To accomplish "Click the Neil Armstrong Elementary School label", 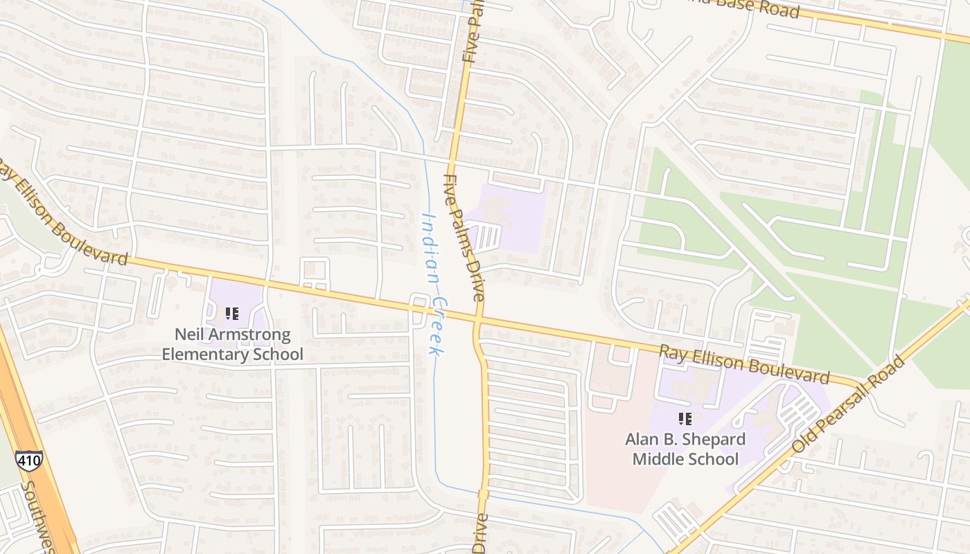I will pyautogui.click(x=232, y=344).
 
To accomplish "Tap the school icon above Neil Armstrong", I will pyautogui.click(x=232, y=314).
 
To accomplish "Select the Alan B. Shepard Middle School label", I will pyautogui.click(x=685, y=449).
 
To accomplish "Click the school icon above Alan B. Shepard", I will pyautogui.click(x=685, y=418).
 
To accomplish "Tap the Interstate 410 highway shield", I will pyautogui.click(x=29, y=461).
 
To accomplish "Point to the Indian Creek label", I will pyautogui.click(x=433, y=284).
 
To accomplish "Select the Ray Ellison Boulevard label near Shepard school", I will pyautogui.click(x=743, y=364).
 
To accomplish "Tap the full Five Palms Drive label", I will pyautogui.click(x=464, y=237).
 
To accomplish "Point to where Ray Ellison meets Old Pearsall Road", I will pyautogui.click(x=859, y=383).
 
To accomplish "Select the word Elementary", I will pyautogui.click(x=202, y=355).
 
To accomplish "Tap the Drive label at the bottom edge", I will pyautogui.click(x=479, y=533).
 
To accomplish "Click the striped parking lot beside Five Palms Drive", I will pyautogui.click(x=487, y=237).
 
